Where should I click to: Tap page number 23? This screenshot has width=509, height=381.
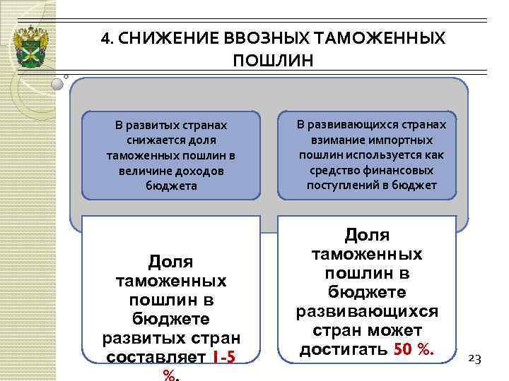(x=475, y=358)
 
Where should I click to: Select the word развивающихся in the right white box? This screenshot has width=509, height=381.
(x=368, y=311)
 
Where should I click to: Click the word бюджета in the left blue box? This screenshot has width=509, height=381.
(x=172, y=186)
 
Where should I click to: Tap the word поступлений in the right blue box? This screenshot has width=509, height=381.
(x=341, y=185)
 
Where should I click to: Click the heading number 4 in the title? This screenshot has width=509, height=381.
(x=105, y=37)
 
